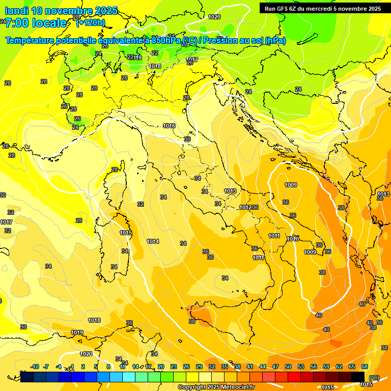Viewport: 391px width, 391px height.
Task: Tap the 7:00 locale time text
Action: [36, 23]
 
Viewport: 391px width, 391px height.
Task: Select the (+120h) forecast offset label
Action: [91, 22]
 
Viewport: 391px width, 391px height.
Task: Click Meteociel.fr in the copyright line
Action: [234, 387]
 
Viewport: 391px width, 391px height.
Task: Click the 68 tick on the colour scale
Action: [365, 367]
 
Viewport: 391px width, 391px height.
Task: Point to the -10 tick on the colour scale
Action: [35, 367]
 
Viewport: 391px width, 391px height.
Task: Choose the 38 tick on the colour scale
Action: [237, 367]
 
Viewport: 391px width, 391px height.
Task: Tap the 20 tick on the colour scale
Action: [161, 367]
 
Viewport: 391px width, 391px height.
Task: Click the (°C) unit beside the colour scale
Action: [374, 378]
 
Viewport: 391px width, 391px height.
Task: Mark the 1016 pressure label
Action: [170, 126]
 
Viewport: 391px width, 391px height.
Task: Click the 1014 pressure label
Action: [153, 241]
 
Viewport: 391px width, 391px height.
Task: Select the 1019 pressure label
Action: [77, 332]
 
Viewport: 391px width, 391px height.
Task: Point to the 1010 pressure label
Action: [292, 239]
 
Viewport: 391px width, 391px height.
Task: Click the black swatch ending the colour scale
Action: [358, 377]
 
